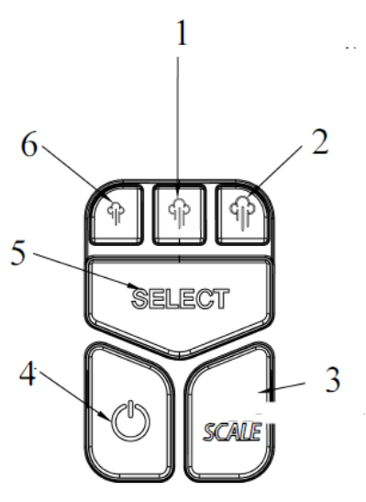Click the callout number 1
tap(183, 34)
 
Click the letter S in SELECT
tap(140, 298)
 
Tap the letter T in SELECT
tap(219, 298)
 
